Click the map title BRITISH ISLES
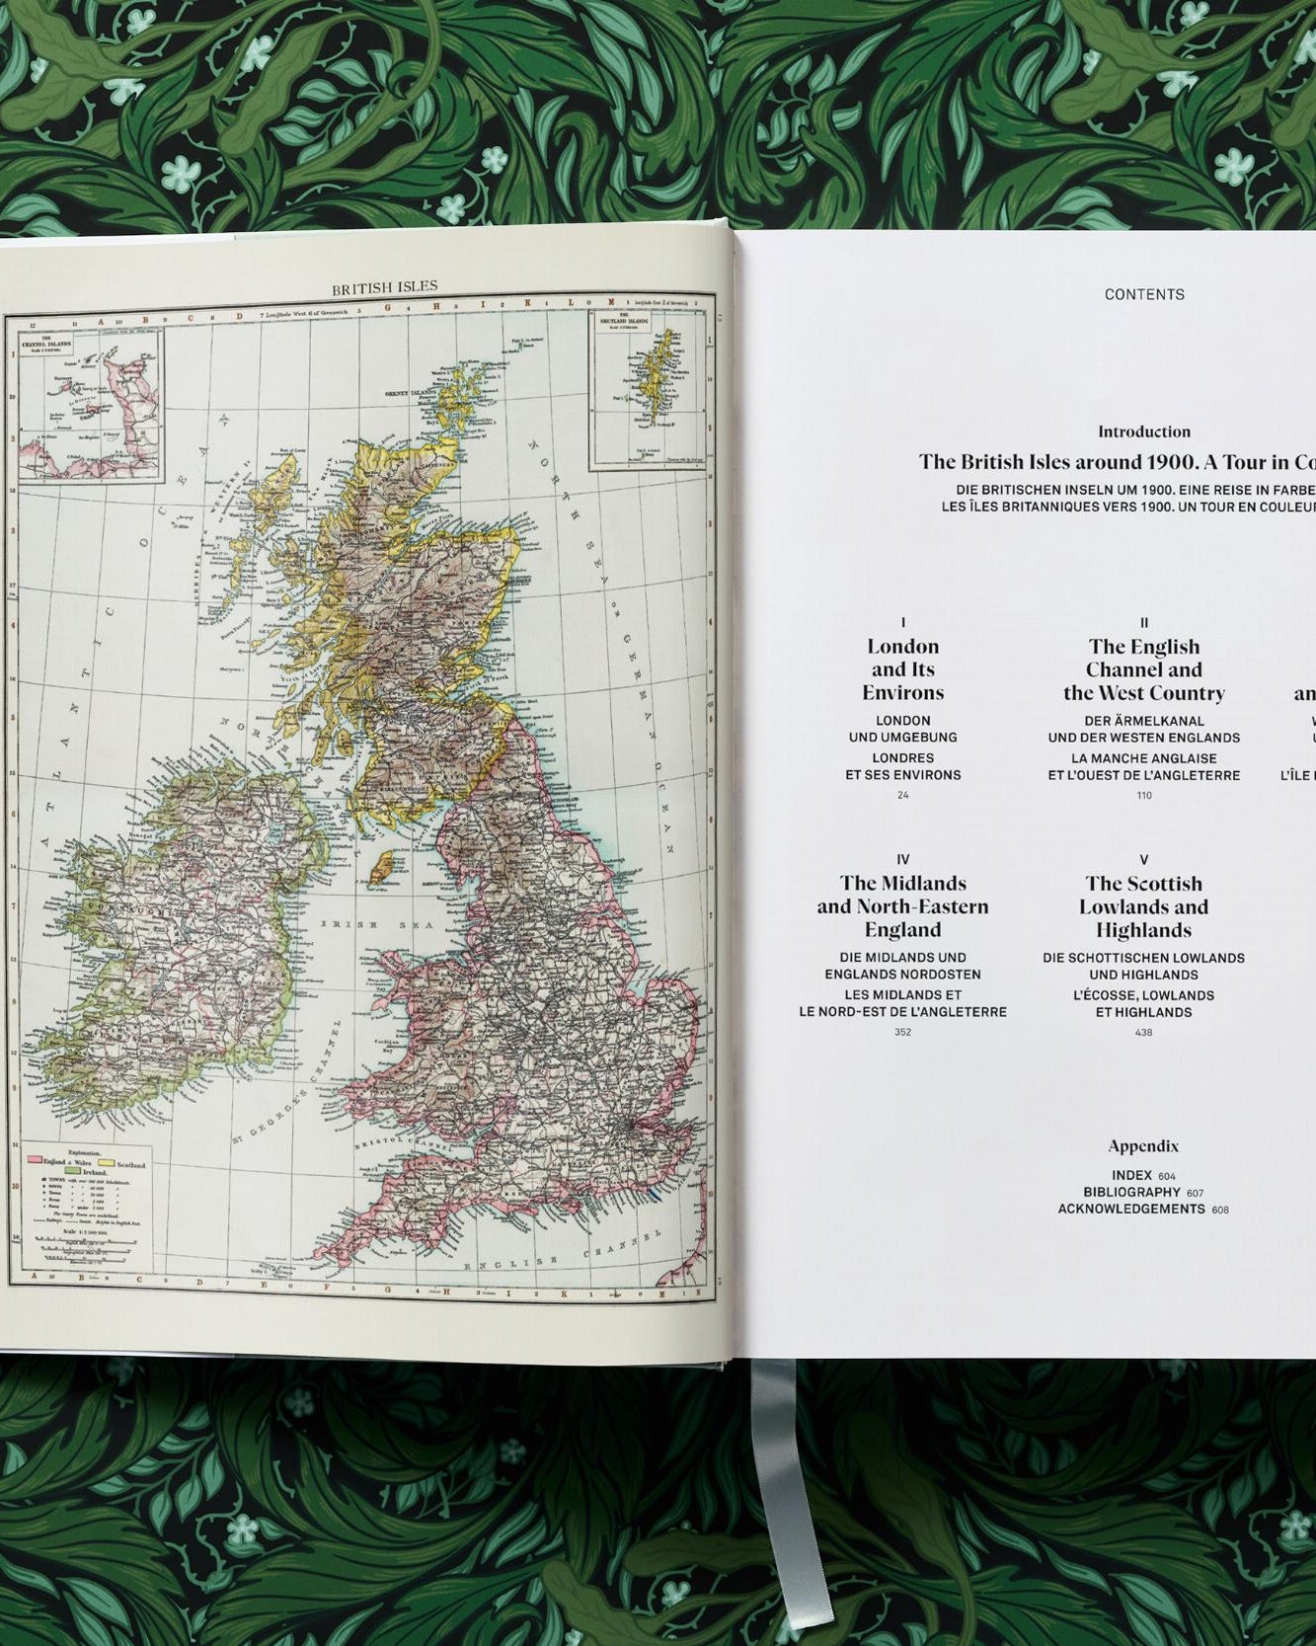click(384, 287)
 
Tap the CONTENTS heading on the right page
click(1144, 294)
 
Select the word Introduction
click(1144, 431)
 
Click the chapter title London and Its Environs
click(902, 669)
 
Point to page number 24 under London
click(902, 795)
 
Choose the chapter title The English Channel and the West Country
click(1144, 669)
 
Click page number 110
click(1144, 795)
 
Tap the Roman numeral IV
click(902, 860)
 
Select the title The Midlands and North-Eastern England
click(902, 906)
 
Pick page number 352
click(902, 1032)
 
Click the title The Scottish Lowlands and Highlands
click(1144, 906)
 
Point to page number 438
click(1144, 1033)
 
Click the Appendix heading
click(1143, 1146)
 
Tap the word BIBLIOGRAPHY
click(1132, 1193)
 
